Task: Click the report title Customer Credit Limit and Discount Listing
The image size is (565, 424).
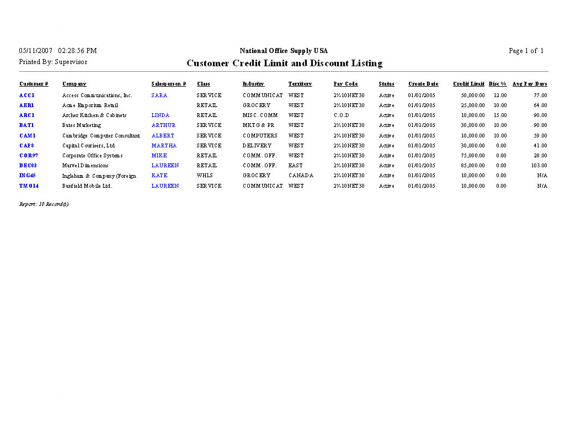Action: (284, 63)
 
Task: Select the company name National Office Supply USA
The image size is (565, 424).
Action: (284, 51)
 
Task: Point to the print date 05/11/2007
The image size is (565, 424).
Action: (35, 51)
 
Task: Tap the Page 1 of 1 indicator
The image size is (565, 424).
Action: (526, 51)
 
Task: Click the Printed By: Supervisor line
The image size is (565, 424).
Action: (53, 62)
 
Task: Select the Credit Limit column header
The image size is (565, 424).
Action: (468, 84)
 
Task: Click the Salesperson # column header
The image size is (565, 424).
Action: (168, 84)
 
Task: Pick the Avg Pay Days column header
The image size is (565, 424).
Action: (530, 84)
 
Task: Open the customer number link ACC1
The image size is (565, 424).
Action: (27, 96)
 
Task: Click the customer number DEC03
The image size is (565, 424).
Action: (28, 166)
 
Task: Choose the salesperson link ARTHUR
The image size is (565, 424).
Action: (163, 125)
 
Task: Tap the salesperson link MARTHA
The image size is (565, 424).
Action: (164, 146)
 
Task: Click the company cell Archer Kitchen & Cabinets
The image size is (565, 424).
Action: (94, 115)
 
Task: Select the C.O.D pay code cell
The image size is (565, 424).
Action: (341, 115)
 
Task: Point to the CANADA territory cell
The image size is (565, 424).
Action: (301, 176)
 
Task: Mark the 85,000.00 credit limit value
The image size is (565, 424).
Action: (473, 166)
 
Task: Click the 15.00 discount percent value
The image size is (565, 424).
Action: (500, 115)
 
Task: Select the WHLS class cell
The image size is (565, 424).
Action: (205, 176)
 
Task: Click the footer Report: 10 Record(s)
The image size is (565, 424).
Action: (44, 204)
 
